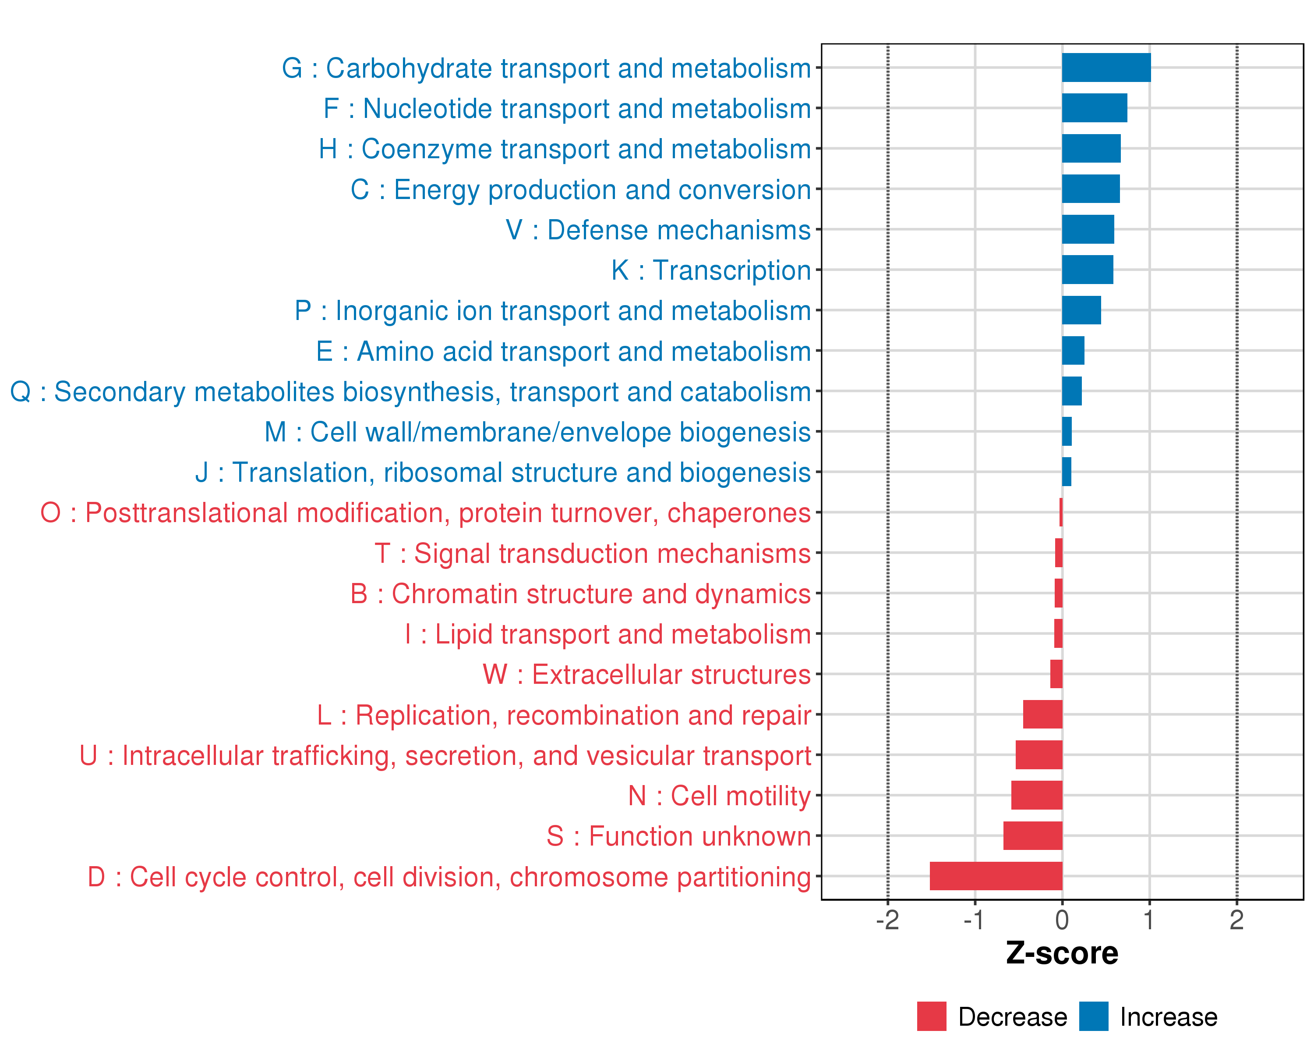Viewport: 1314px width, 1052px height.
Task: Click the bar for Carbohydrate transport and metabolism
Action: (1106, 68)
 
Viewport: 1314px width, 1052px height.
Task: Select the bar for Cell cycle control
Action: (996, 876)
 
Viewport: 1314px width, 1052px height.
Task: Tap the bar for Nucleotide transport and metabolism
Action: (1095, 108)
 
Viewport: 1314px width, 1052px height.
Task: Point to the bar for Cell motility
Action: (1037, 795)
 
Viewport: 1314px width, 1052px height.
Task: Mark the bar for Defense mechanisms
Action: (1088, 229)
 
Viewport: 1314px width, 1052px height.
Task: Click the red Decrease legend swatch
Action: (931, 1016)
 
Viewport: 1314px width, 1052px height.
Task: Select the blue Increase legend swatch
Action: (1093, 1016)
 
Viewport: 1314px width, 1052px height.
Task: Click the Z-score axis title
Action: (1062, 953)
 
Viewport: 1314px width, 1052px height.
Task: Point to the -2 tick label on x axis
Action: (887, 920)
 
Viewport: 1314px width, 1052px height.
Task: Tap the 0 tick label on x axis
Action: (1062, 920)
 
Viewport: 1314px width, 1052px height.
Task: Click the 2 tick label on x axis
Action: (1236, 920)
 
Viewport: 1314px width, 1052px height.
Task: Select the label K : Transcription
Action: (710, 270)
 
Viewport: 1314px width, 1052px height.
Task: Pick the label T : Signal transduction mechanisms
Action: (593, 554)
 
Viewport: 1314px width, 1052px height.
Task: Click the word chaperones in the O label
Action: (738, 513)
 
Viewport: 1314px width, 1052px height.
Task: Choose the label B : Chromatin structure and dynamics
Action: (580, 594)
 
